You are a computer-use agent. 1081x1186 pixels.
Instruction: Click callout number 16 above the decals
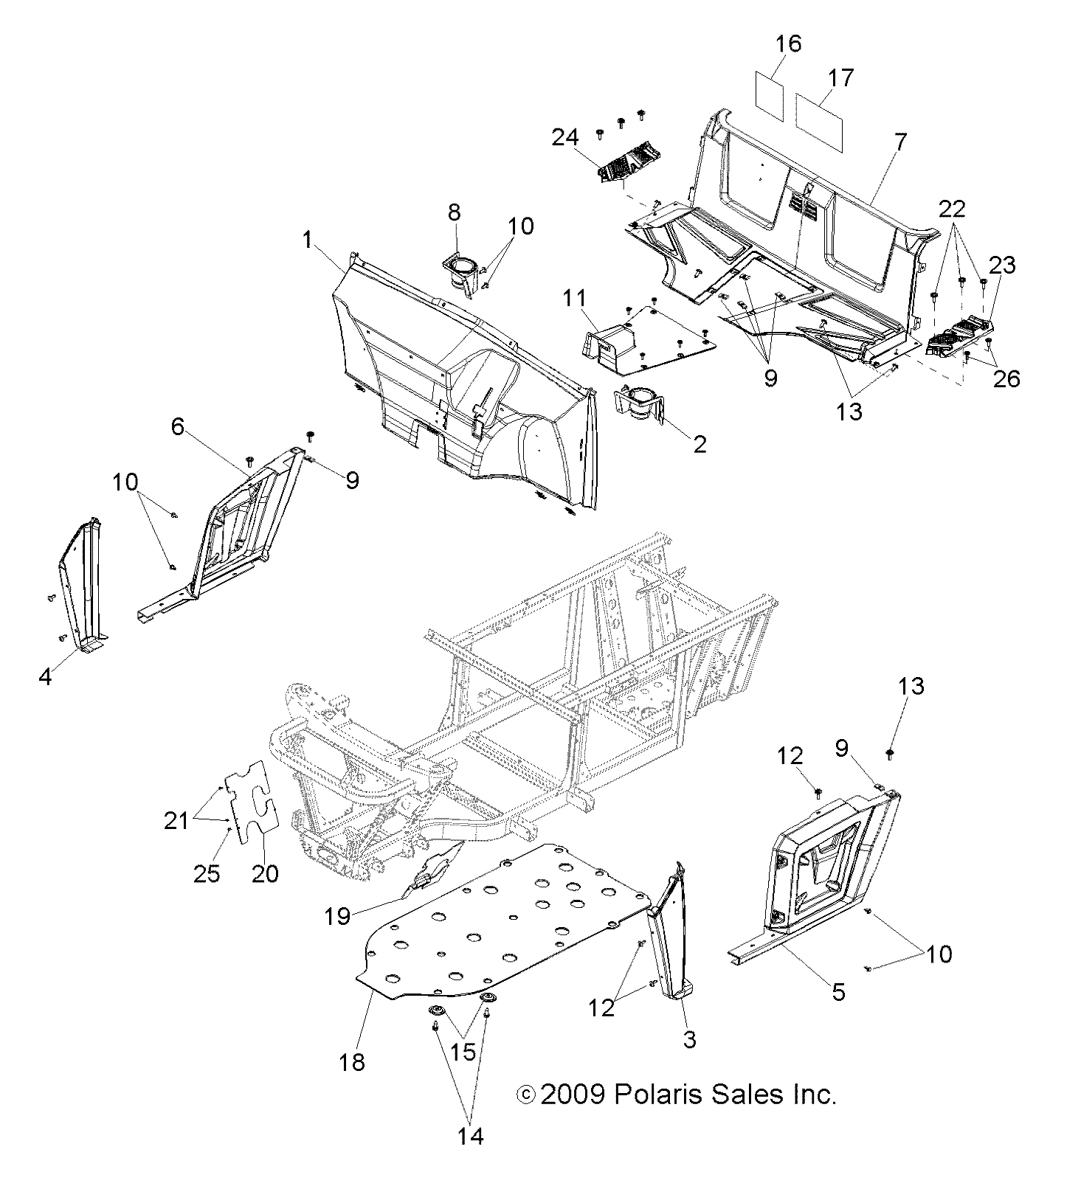coord(788,44)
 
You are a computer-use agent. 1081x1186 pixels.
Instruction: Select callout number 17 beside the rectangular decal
coord(840,78)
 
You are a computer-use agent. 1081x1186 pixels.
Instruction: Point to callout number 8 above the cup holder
coord(454,213)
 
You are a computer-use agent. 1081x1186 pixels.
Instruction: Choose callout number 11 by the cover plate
coord(594,299)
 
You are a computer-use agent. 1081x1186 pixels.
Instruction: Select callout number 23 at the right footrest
coord(1004,266)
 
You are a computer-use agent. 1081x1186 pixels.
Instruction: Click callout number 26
coord(1006,378)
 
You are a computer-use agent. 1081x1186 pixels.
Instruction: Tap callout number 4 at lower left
coord(46,676)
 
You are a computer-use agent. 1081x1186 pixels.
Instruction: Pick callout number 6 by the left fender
coord(178,426)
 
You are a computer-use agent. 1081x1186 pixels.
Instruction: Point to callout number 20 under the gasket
coord(265,873)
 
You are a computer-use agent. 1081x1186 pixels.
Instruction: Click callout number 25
coord(207,873)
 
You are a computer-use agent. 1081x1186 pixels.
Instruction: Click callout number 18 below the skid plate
coord(353,1062)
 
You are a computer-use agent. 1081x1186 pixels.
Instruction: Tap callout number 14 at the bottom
coord(470,1136)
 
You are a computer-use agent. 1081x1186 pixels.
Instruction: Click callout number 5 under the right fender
coord(838,992)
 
